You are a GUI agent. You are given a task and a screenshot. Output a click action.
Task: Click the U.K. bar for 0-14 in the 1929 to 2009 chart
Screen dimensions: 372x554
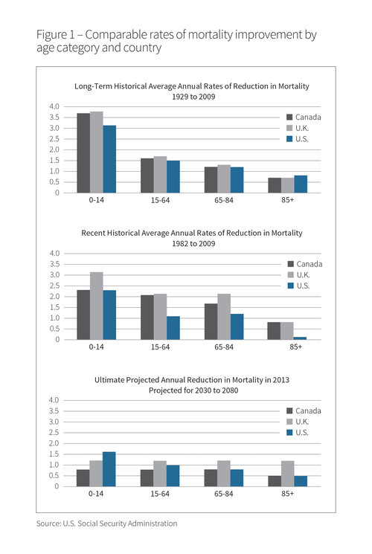(97, 152)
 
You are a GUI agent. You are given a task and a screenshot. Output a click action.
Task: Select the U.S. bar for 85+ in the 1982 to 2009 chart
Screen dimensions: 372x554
(300, 338)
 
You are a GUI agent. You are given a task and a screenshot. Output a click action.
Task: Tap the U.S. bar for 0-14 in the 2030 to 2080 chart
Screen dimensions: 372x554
(109, 469)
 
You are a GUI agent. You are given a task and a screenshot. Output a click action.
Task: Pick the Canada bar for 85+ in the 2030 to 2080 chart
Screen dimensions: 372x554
(275, 481)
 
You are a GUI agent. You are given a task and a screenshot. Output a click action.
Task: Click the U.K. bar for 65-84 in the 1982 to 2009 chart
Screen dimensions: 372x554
(224, 317)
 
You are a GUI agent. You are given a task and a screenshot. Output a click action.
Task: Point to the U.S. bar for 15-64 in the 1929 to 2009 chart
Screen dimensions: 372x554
(173, 177)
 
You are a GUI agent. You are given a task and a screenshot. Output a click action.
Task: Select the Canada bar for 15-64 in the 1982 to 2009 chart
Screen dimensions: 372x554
(147, 318)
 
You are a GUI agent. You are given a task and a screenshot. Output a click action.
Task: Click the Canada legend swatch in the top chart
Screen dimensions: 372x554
(289, 117)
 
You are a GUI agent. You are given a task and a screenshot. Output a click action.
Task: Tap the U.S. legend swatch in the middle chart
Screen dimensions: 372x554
(291, 286)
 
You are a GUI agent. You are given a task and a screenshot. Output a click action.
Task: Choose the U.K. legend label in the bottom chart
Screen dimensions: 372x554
(302, 422)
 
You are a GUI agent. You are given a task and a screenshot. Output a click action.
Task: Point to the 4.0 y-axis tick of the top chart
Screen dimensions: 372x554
(54, 106)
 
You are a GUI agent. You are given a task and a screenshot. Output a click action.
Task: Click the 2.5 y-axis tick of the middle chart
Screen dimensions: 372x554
(54, 286)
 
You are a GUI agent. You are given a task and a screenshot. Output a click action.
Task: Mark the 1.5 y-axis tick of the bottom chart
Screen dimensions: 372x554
(54, 454)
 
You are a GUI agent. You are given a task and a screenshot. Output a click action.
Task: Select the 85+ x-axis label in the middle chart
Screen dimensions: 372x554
(295, 347)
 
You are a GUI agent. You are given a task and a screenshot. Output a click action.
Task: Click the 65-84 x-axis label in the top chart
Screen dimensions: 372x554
(224, 200)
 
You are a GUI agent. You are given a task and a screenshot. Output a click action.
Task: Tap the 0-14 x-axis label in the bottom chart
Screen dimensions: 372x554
(96, 494)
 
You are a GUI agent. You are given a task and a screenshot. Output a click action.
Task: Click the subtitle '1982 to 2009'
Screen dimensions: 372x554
(193, 243)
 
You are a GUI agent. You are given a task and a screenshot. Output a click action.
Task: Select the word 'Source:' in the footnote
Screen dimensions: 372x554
(48, 524)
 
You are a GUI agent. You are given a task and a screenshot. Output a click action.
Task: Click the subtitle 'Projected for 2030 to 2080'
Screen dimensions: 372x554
(193, 390)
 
